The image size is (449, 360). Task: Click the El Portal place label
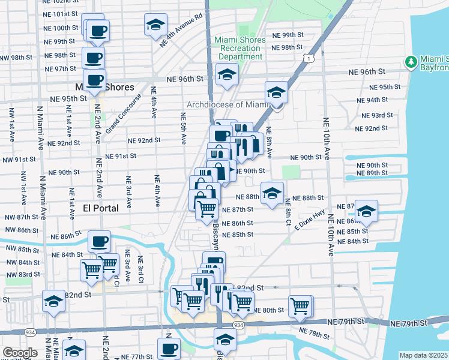[x=100, y=208]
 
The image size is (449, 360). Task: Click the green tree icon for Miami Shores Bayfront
[x=411, y=62]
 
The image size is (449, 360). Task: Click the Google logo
[x=19, y=353]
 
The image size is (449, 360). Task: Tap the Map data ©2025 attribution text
[x=424, y=355]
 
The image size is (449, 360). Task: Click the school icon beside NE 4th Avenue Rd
[x=155, y=25]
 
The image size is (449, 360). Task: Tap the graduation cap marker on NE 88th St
[x=272, y=193]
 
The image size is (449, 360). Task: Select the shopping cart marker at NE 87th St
[x=207, y=209]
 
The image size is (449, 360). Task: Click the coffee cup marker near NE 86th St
[x=99, y=241]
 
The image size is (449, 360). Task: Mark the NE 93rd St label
[x=377, y=115]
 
